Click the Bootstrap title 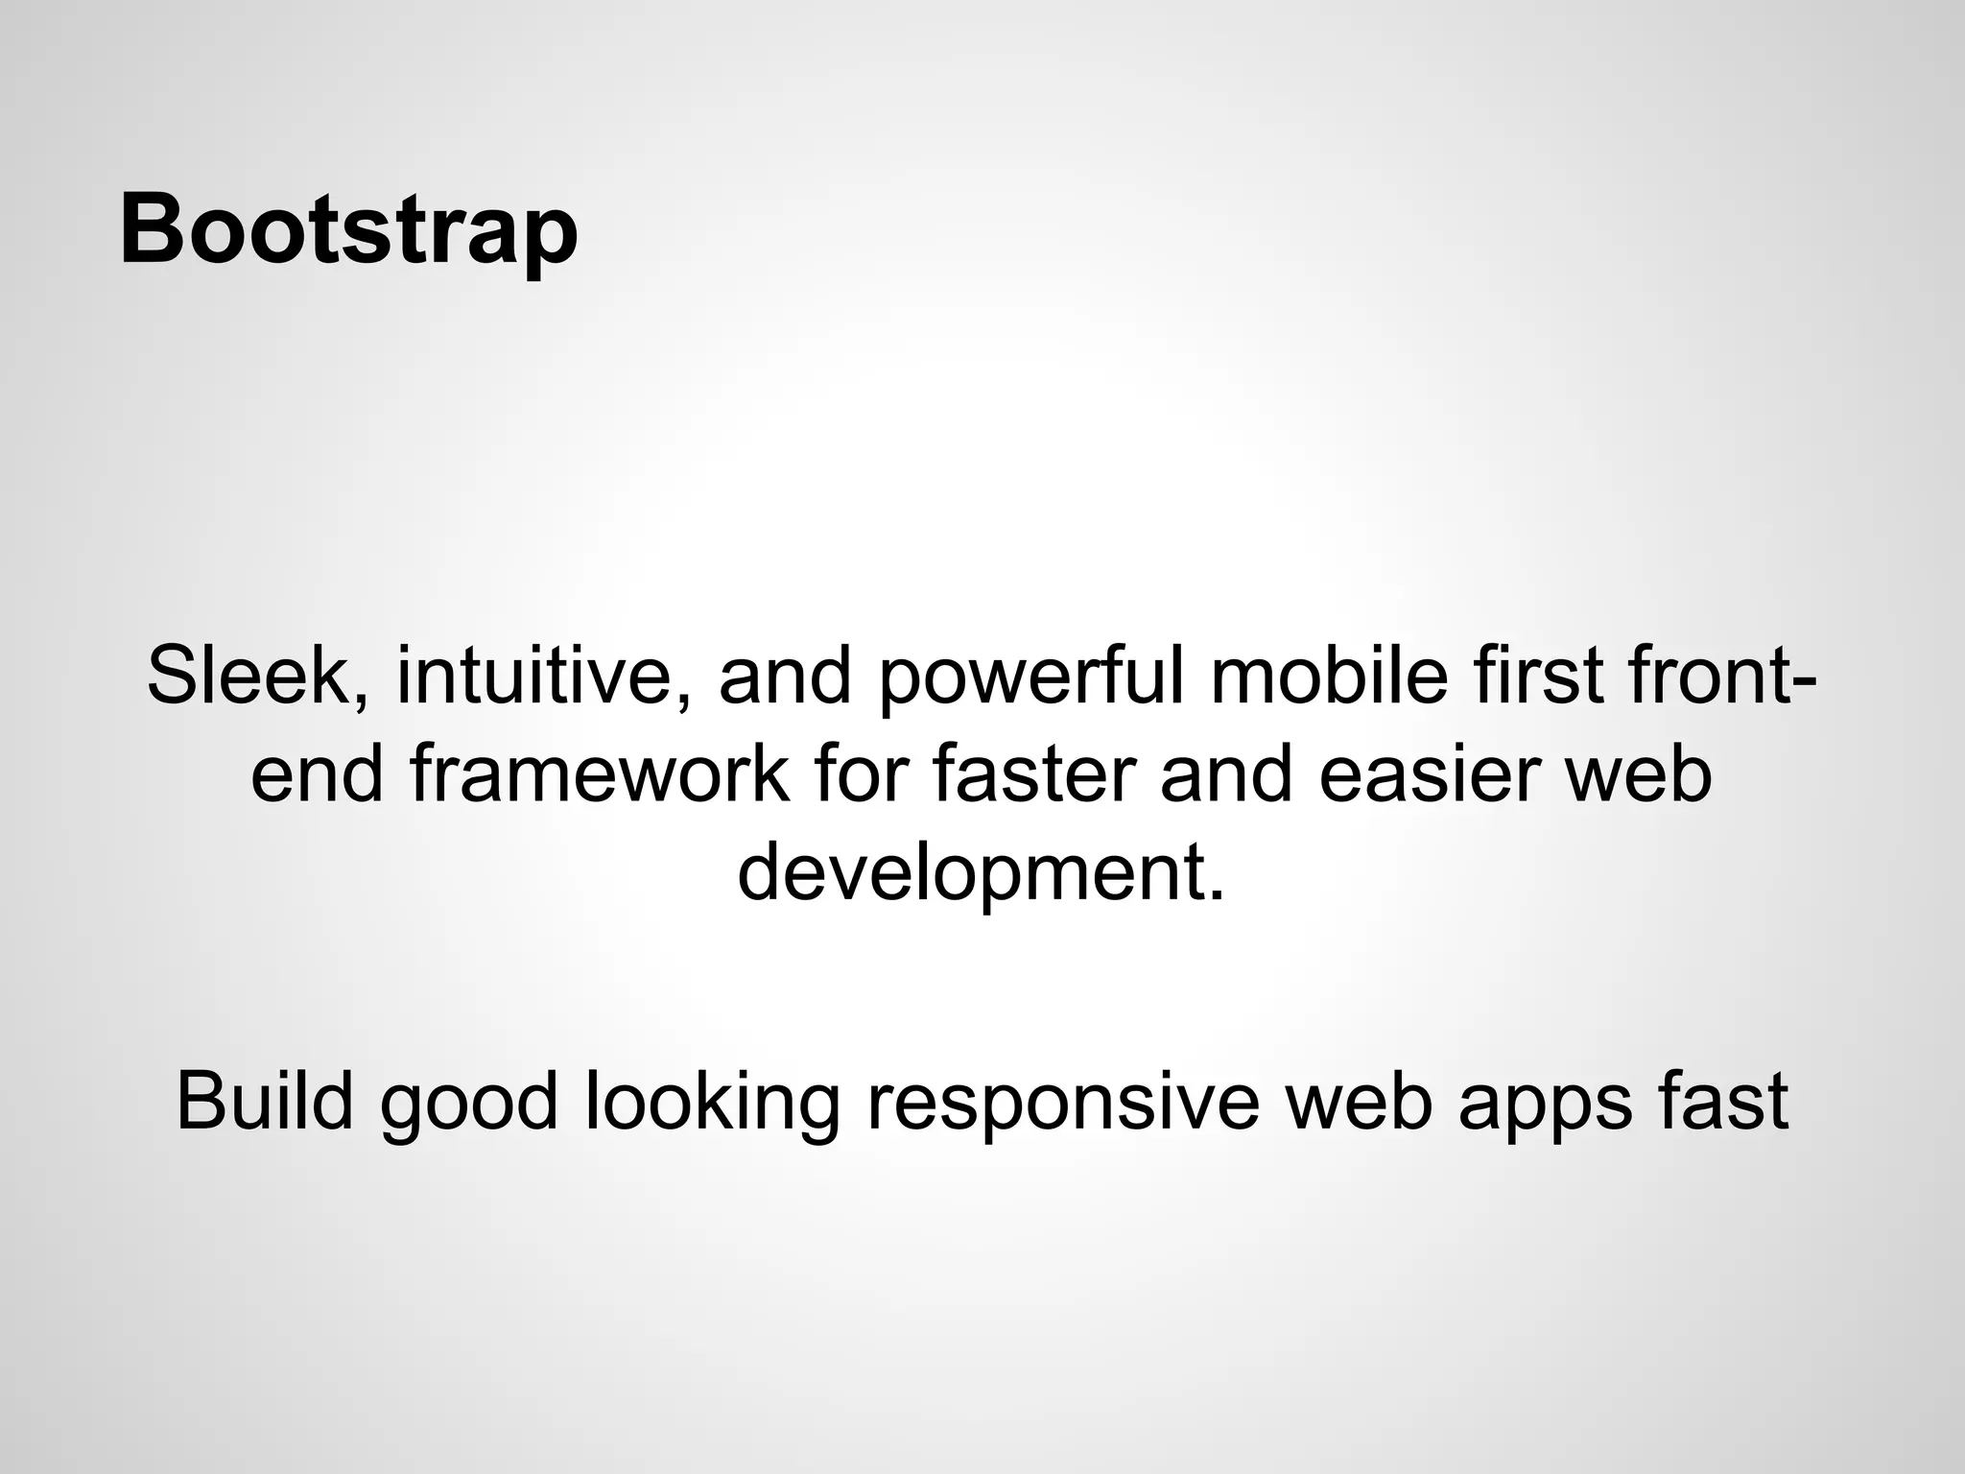[x=348, y=231]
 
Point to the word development [x=981, y=874]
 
